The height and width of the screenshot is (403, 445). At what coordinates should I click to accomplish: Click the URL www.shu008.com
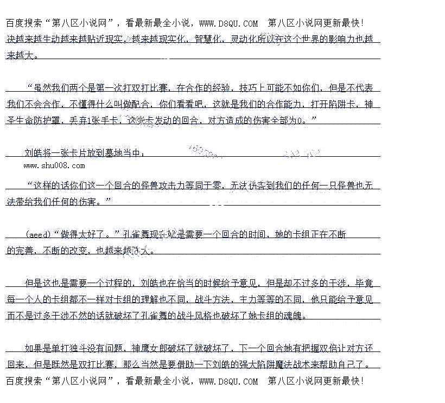[x=54, y=165]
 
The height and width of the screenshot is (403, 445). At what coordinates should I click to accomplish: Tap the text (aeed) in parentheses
[x=39, y=234]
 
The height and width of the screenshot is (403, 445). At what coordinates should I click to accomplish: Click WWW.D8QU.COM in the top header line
[x=228, y=23]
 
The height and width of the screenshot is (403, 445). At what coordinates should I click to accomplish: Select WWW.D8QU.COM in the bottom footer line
[x=228, y=381]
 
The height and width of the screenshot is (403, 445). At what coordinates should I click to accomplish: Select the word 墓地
[x=107, y=153]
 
